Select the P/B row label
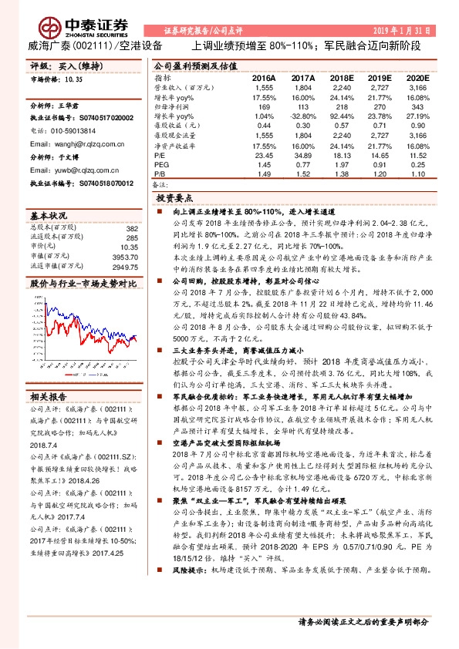pyautogui.click(x=161, y=174)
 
